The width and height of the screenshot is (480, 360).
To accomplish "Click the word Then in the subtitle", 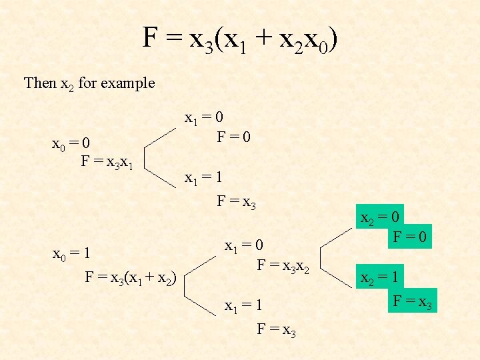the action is [40, 83].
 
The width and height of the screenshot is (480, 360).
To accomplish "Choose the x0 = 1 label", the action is [71, 254].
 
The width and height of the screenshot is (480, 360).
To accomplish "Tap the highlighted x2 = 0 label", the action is [381, 218].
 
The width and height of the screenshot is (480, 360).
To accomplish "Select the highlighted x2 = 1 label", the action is [381, 277].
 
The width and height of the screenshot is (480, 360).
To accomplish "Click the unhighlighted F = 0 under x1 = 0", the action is [233, 137].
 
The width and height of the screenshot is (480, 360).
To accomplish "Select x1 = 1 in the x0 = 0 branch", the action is [203, 178].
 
